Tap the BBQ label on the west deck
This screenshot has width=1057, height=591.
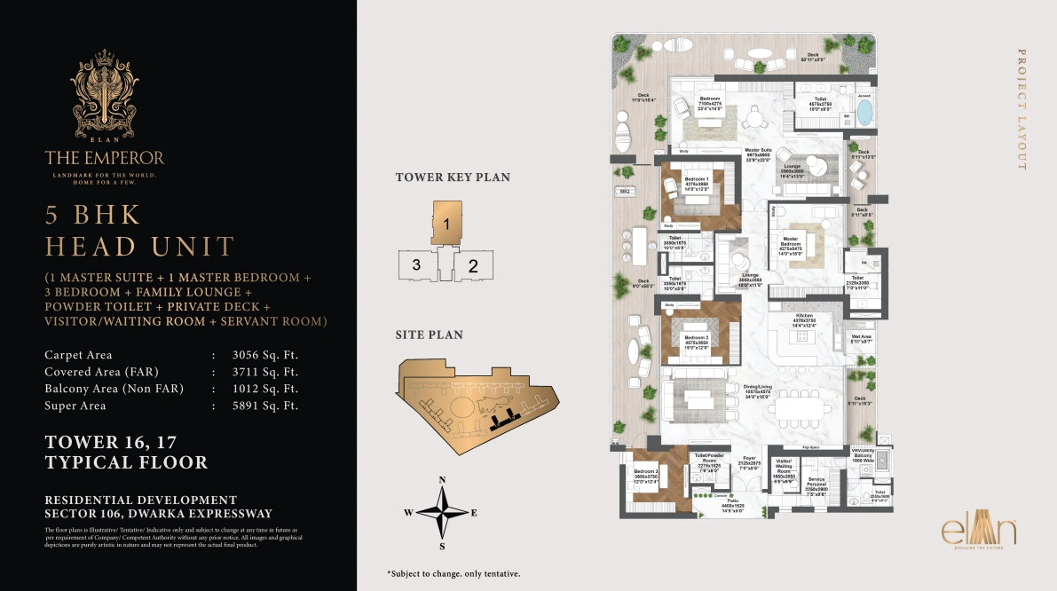tap(625, 192)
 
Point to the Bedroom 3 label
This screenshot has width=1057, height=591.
tap(646, 475)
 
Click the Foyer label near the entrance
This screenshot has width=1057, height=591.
tap(750, 461)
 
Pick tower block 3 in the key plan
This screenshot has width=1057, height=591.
tap(415, 264)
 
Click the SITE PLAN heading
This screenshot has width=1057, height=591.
tap(429, 335)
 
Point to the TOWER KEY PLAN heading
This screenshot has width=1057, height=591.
tap(453, 177)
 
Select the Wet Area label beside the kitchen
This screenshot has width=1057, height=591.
tap(861, 338)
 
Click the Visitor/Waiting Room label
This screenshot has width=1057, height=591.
tap(784, 468)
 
